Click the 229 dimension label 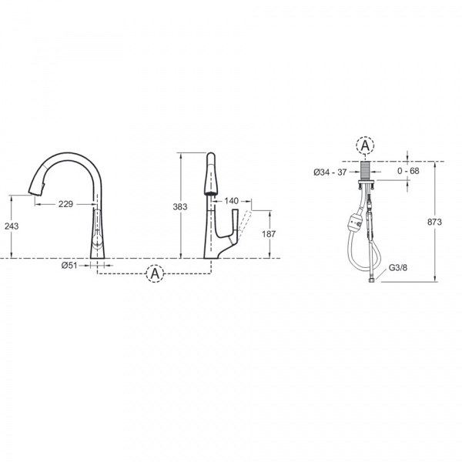(x=65, y=204)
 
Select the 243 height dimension (x=12, y=226)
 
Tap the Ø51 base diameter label (x=69, y=266)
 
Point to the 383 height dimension (x=180, y=207)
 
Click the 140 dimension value (x=231, y=201)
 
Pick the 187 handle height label (x=269, y=234)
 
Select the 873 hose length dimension (x=434, y=222)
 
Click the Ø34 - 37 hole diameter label (x=330, y=172)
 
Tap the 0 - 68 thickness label (x=408, y=171)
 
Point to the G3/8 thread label (x=398, y=267)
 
